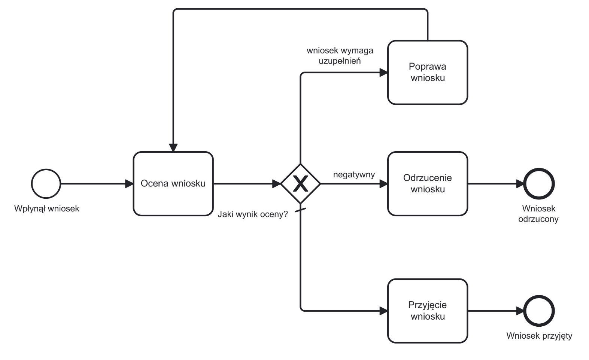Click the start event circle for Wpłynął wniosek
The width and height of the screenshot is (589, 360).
click(46, 184)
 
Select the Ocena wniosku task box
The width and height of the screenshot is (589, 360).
click(173, 184)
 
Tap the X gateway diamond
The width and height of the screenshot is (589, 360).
click(300, 184)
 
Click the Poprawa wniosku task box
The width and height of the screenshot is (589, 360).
click(427, 73)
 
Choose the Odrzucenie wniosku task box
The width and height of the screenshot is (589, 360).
click(427, 184)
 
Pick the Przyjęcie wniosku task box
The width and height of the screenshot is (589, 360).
click(427, 311)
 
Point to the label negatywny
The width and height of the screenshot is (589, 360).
click(354, 175)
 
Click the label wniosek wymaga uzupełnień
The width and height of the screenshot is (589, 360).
click(340, 55)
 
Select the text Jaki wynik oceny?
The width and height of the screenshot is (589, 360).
click(253, 214)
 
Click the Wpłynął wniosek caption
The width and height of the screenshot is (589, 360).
click(47, 208)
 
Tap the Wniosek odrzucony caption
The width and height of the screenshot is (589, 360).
click(538, 214)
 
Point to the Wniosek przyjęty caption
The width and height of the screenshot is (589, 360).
click(539, 336)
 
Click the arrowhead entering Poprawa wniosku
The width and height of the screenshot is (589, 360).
click(383, 73)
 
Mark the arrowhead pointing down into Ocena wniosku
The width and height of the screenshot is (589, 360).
click(173, 147)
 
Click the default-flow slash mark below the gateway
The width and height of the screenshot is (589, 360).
click(301, 211)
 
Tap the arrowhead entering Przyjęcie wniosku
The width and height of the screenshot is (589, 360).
click(383, 311)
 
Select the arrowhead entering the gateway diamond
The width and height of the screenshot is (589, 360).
click(276, 184)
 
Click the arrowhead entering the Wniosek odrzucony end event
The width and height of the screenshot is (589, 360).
click(520, 184)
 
